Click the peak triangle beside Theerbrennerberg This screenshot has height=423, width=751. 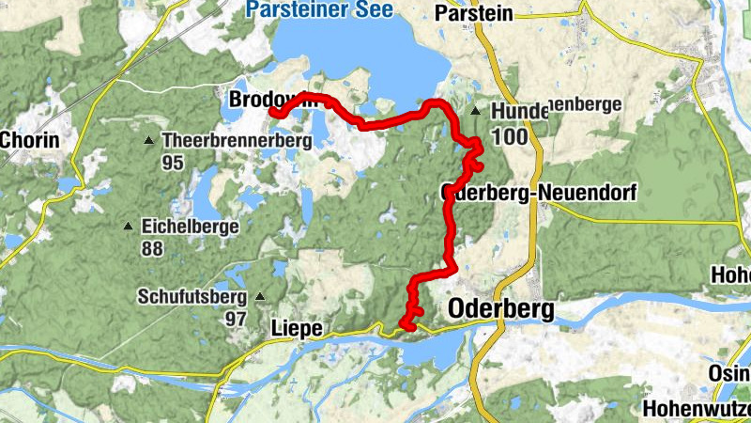click(148, 142)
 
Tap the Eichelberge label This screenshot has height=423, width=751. click(190, 227)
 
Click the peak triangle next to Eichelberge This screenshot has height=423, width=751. click(128, 227)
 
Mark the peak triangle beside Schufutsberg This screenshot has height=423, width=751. click(260, 297)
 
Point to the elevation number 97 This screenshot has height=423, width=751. click(235, 319)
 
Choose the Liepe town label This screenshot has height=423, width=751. click(296, 328)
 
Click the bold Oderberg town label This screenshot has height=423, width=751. click(501, 308)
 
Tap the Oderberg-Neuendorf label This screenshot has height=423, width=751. click(539, 194)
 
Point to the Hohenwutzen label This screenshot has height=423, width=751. click(697, 410)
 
